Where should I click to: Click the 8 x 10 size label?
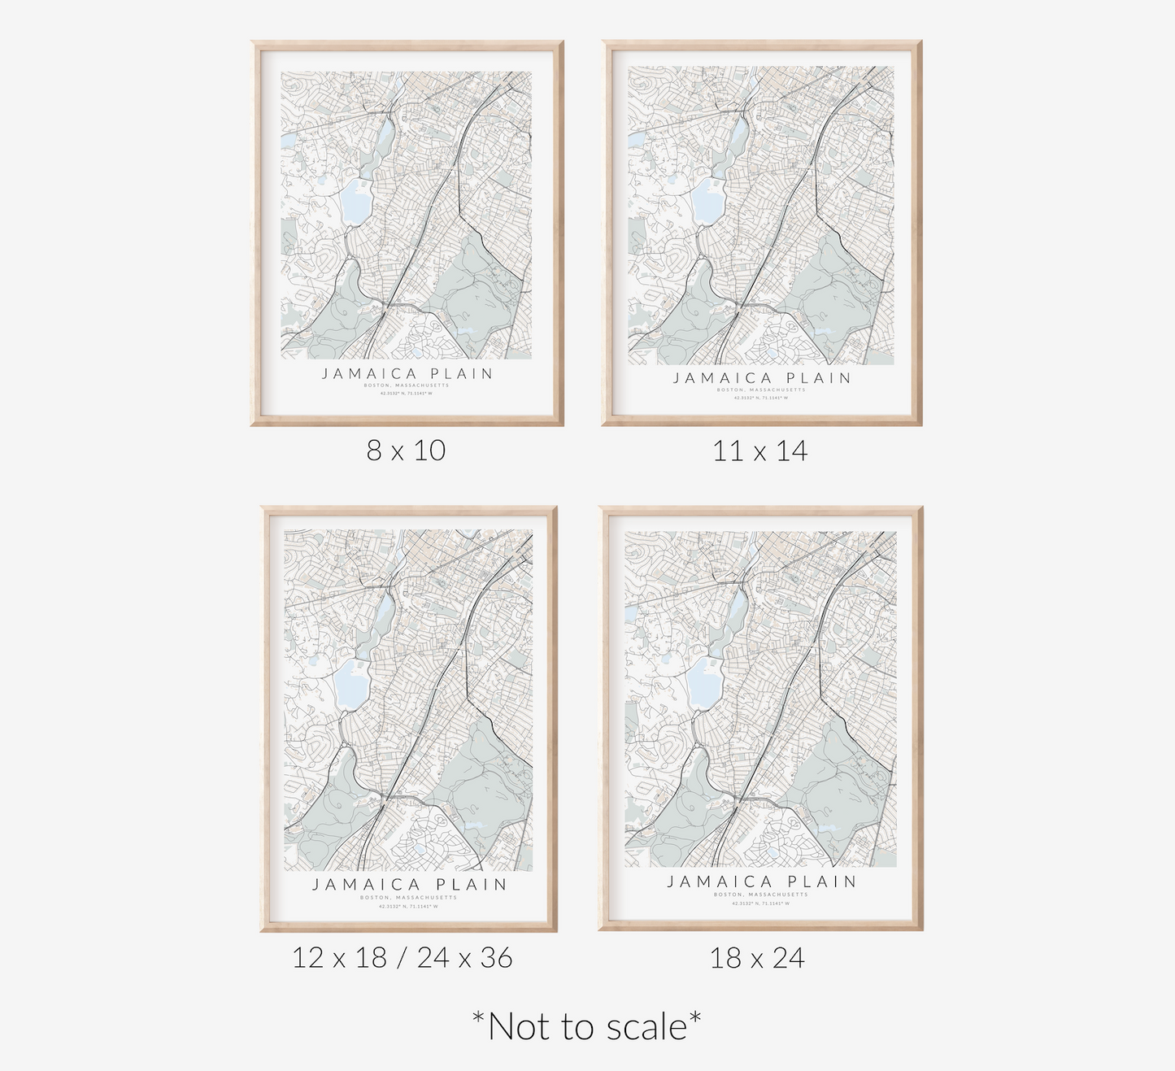406,451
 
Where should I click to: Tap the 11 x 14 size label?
759,451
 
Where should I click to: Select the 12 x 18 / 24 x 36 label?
403,958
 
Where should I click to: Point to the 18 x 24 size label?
757,958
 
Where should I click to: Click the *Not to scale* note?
586,1026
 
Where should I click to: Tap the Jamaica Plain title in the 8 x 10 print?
407,374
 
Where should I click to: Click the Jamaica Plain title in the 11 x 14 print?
762,378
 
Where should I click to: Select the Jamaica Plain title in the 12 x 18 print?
410,885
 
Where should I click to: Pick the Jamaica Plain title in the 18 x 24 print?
762,882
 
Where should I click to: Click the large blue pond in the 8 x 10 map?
355,202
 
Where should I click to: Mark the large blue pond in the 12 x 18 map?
352,684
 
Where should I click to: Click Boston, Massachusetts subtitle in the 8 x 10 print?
407,385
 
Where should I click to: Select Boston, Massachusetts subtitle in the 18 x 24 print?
761,895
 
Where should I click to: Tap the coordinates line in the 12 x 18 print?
408,906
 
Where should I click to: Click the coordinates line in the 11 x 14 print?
761,398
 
